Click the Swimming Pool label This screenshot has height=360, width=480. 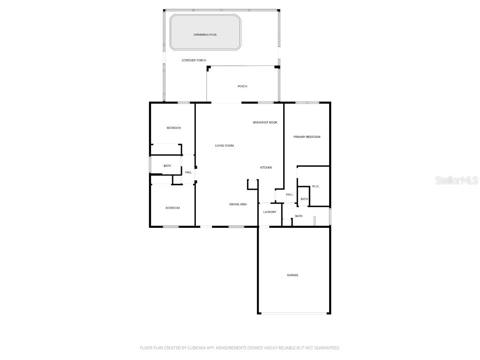pos(205,35)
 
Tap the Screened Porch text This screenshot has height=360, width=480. pos(194,60)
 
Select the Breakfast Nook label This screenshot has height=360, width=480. pos(265,122)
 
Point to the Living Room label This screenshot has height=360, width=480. pos(224,146)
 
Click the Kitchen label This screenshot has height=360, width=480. pos(266,168)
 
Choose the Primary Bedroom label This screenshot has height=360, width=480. pos(307,137)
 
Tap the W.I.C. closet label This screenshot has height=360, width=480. pos(315,187)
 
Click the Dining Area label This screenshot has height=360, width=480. pos(238,204)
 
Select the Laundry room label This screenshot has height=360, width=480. pos(269,212)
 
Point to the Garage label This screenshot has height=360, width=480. pos(292,275)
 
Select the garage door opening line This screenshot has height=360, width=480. pos(294,313)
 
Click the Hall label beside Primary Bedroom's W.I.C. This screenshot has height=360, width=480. pos(289,195)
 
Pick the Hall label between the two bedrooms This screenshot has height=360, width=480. pos(188,172)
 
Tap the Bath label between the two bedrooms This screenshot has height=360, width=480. pos(167,166)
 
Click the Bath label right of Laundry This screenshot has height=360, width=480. pos(299,216)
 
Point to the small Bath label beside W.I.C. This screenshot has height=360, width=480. pos(304,199)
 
